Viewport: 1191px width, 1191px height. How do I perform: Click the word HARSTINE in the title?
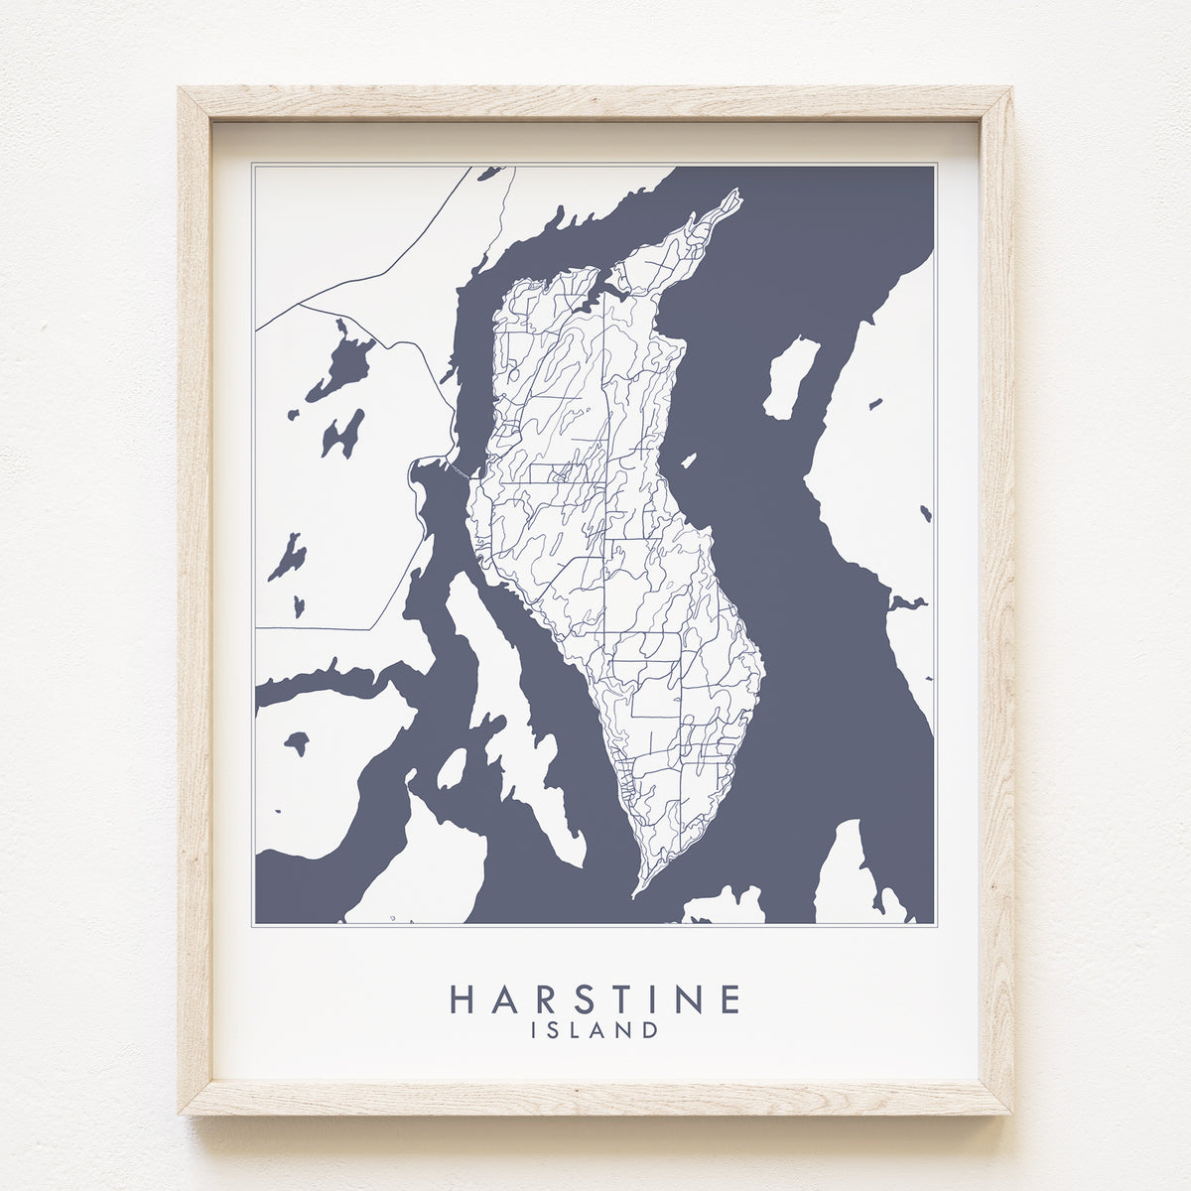click(595, 999)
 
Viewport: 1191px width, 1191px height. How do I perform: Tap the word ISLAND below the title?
click(595, 1029)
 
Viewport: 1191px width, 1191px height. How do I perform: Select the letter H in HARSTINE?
click(463, 999)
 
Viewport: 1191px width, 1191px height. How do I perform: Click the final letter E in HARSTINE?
click(729, 999)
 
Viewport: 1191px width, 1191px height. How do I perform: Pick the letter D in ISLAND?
click(648, 1029)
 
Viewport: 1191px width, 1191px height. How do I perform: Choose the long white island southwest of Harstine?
click(506, 695)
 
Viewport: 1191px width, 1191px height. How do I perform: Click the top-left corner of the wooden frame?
click(181, 90)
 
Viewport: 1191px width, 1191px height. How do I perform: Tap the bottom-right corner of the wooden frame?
click(1011, 1114)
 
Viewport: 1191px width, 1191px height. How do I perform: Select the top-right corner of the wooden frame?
click(1011, 90)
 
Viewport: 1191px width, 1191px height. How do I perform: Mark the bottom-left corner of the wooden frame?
click(181, 1114)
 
